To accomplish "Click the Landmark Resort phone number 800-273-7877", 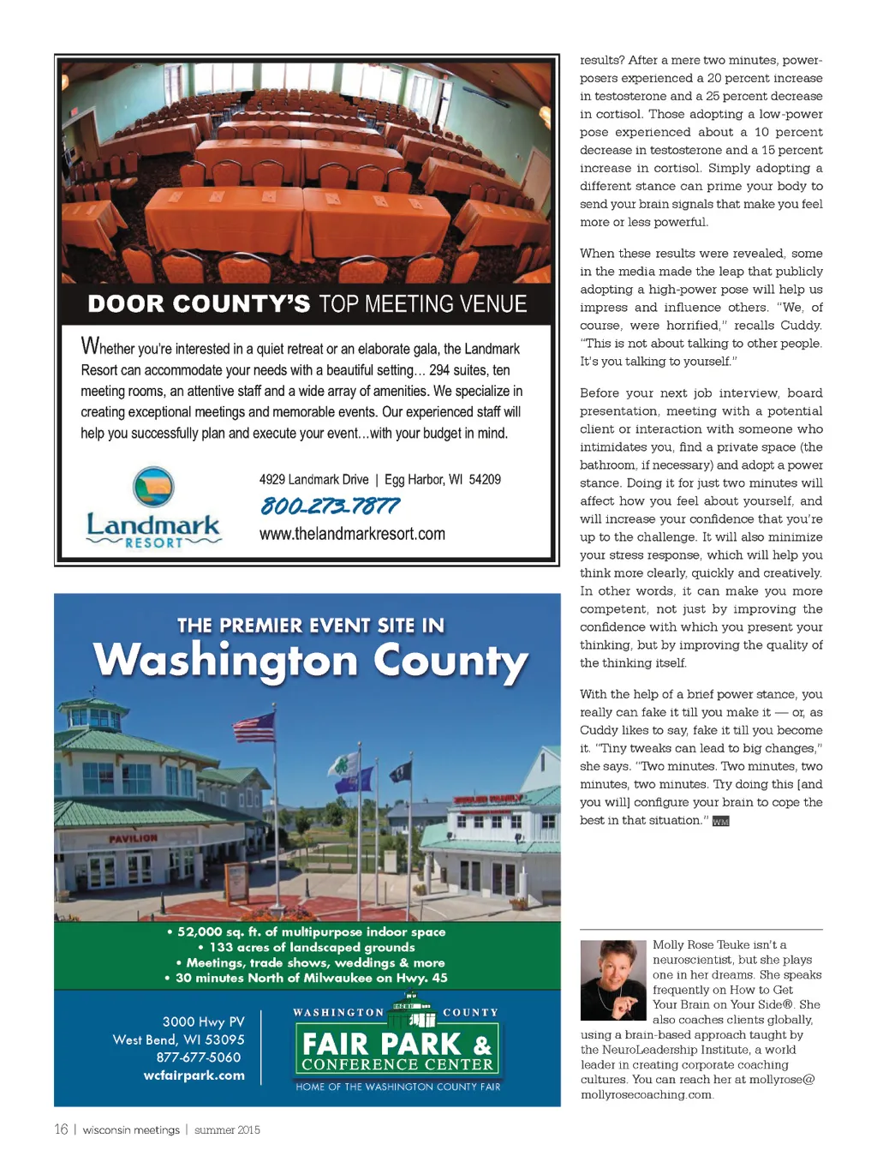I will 330,506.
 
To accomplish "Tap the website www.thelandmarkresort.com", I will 352,534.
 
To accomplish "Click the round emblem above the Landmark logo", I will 154,487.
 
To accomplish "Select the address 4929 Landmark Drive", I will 314,480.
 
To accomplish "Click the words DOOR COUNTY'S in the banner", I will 199,304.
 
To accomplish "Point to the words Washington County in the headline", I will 310,662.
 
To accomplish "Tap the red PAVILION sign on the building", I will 133,838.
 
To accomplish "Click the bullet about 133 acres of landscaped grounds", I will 307,947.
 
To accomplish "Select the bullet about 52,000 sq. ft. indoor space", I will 307,931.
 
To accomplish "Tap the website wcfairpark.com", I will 194,1075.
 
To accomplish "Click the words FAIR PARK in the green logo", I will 382,1044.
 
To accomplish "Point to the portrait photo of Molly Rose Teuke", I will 613,979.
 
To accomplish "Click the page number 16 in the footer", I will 61,1129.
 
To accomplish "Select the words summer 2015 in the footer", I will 227,1130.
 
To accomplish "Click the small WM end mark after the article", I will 720,821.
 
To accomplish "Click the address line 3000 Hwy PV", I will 203,1021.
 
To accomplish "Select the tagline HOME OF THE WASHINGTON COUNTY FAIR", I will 398,1087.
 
